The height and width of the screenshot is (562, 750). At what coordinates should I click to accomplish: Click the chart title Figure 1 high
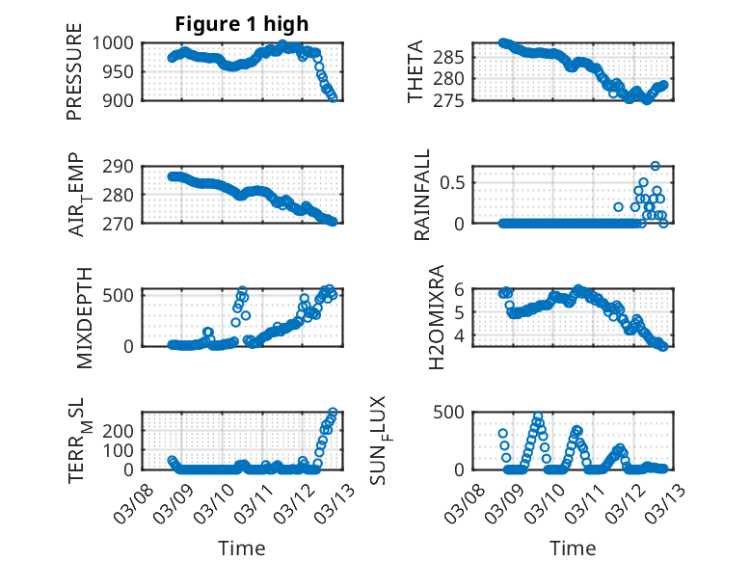click(241, 23)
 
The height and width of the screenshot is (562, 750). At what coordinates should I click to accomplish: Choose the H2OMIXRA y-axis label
click(436, 317)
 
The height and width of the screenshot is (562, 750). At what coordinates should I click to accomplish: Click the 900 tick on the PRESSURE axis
click(120, 99)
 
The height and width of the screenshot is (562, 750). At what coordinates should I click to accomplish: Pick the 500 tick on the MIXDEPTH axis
click(120, 294)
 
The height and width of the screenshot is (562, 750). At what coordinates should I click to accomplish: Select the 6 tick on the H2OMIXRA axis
click(460, 288)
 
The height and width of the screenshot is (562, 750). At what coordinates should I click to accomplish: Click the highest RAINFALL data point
click(656, 166)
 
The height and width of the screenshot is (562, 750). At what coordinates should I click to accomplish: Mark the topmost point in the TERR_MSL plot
click(334, 413)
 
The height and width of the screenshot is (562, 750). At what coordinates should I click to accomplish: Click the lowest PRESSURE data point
click(334, 97)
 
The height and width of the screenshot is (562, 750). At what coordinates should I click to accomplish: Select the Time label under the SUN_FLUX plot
click(573, 548)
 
